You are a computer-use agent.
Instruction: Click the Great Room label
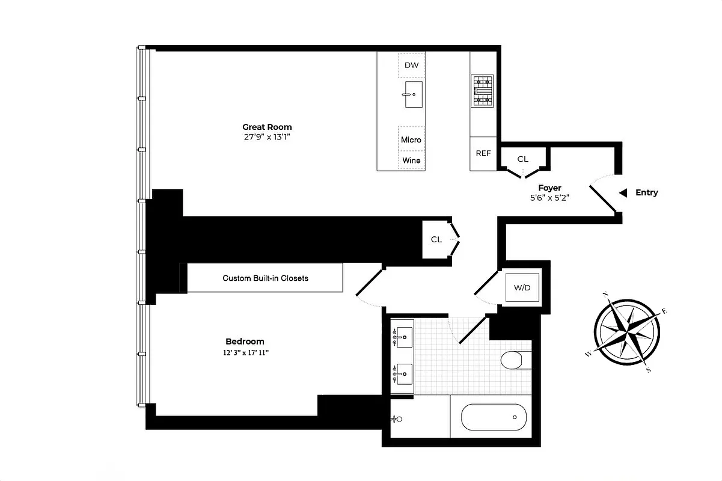[267, 127]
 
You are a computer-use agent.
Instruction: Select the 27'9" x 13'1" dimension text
[267, 137]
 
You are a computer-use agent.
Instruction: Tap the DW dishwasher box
[411, 65]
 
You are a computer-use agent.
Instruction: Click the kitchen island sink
[413, 95]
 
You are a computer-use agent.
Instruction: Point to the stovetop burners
[482, 91]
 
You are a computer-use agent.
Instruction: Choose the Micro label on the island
[411, 139]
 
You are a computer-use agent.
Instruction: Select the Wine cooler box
[411, 160]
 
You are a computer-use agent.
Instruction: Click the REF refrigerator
[483, 153]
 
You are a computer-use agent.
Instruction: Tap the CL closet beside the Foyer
[523, 159]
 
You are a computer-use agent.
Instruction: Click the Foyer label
[549, 188]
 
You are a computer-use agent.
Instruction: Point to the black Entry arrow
[623, 192]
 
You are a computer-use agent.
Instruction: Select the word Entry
[646, 192]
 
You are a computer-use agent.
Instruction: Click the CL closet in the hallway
[436, 239]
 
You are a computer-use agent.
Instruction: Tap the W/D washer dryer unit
[522, 288]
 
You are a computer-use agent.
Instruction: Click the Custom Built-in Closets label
[265, 278]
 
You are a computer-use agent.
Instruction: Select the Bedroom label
[245, 342]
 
